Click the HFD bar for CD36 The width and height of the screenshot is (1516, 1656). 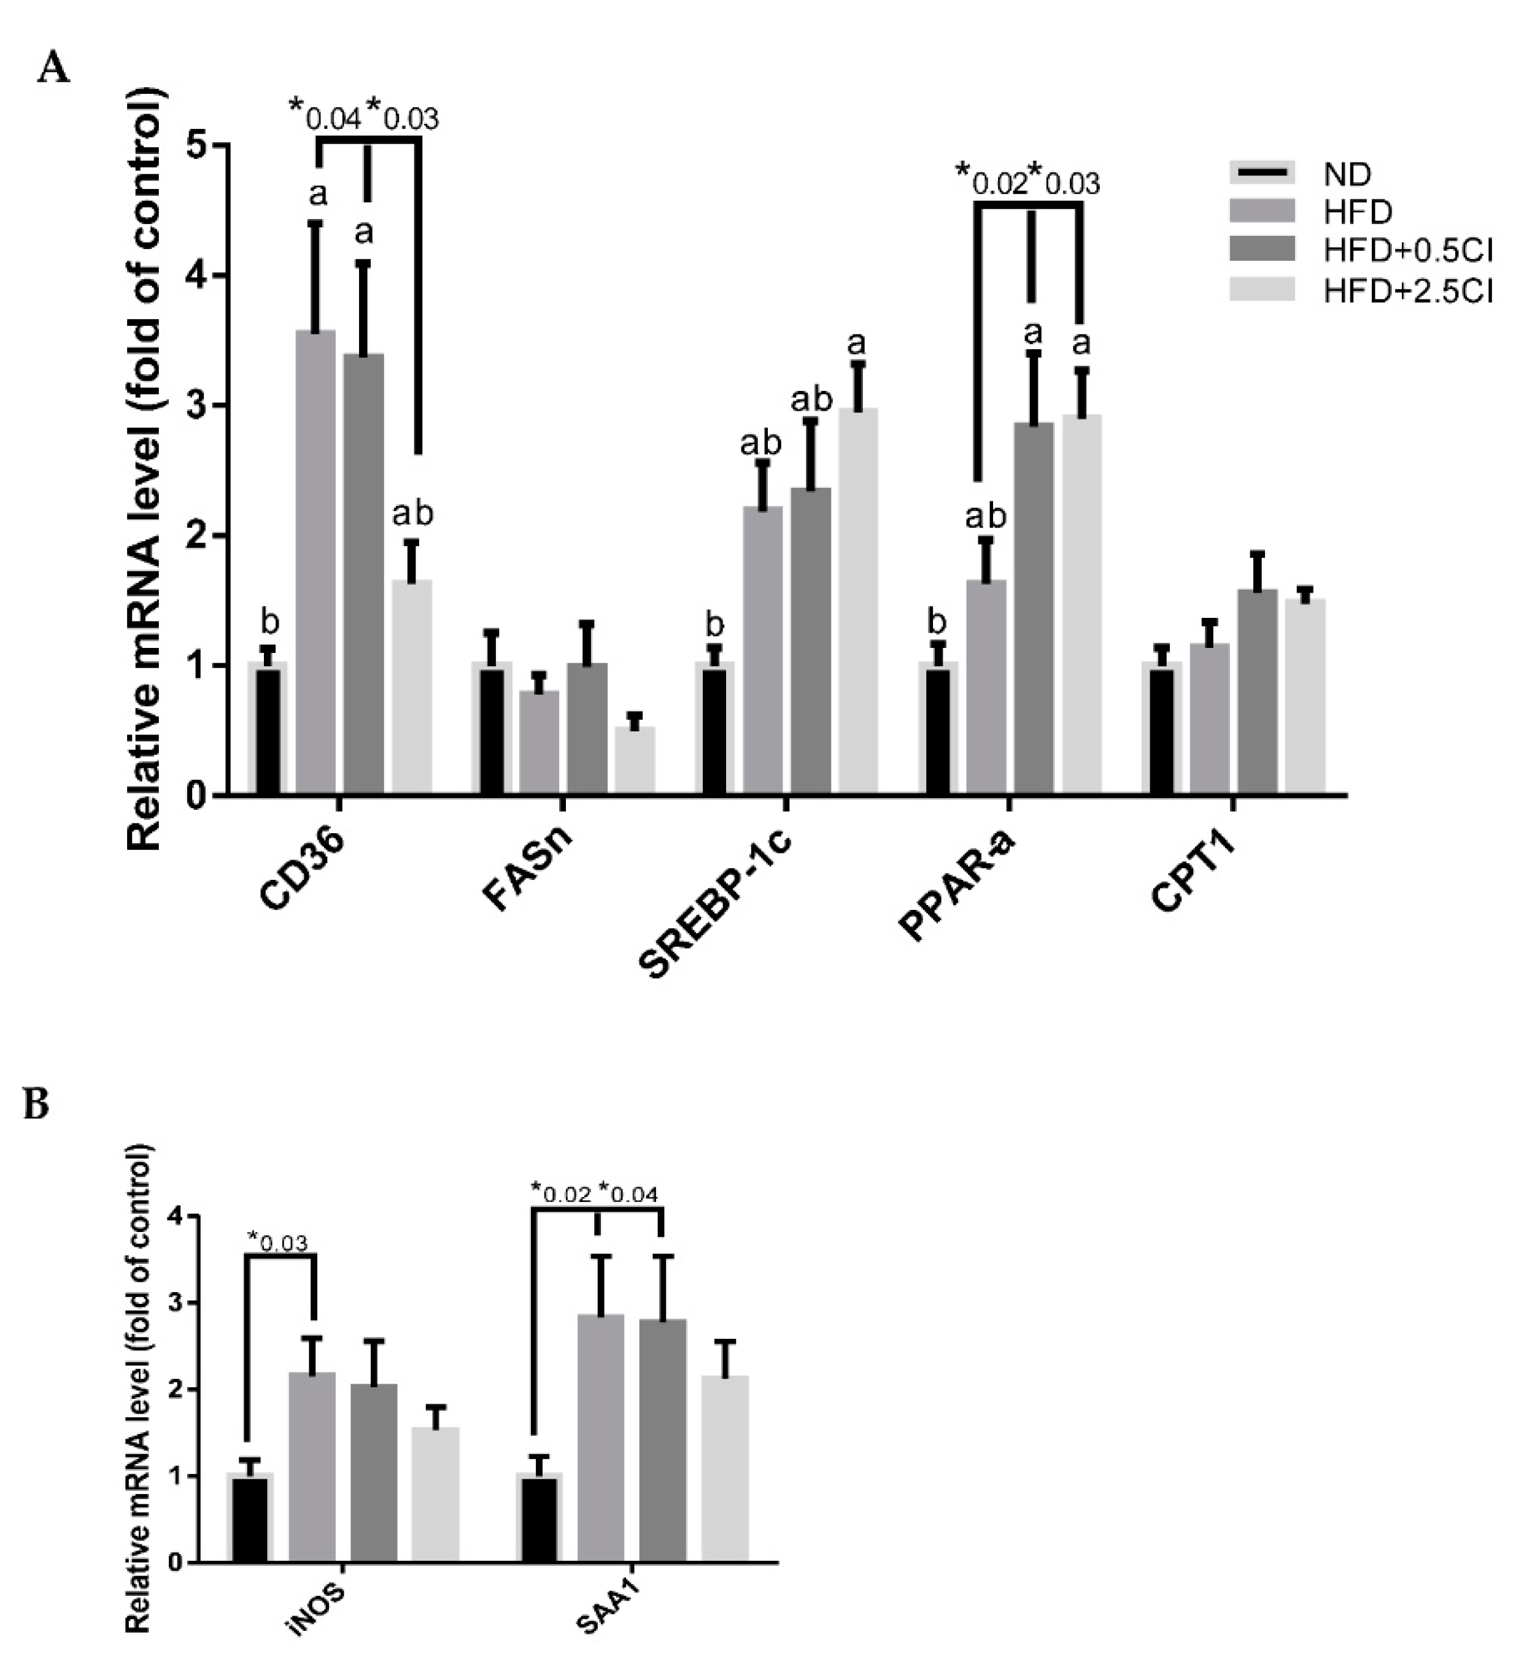coord(315,567)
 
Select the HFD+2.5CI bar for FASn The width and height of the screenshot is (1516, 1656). coord(635,760)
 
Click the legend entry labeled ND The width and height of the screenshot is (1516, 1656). coord(1348,174)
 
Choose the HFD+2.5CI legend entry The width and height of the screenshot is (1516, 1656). coord(1407,291)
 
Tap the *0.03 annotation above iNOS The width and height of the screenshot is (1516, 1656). coord(277,1242)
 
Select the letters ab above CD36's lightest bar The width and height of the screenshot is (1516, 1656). coord(412,514)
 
